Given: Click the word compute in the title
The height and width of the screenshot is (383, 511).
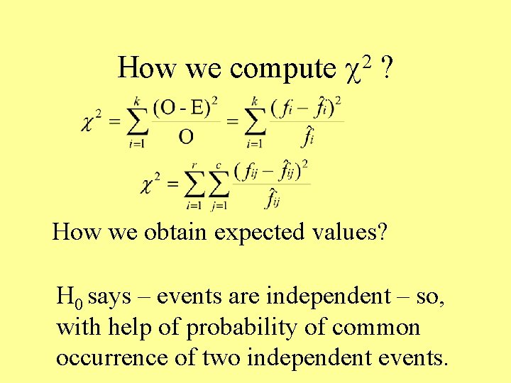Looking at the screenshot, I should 282,69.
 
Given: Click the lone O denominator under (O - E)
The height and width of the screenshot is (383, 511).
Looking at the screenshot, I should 185,136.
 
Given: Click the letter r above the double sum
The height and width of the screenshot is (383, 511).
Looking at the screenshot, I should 192,167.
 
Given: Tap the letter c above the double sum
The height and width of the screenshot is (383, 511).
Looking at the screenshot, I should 219,167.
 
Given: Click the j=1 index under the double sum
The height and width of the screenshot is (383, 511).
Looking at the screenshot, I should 220,205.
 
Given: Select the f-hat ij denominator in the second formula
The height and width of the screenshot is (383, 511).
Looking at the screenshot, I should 273,200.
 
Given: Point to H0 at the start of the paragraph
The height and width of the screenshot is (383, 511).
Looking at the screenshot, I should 70,296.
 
